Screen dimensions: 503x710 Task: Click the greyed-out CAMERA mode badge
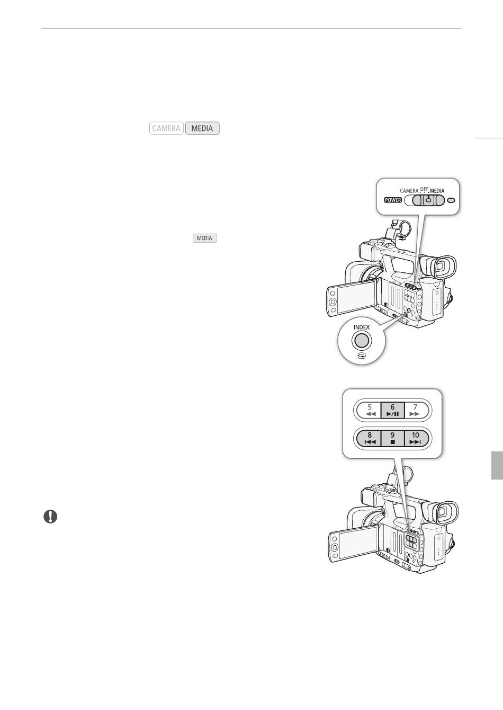(166, 128)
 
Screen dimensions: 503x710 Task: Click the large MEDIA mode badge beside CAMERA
(202, 128)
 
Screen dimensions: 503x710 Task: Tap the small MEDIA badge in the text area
(204, 238)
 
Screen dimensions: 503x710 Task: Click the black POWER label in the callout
(393, 200)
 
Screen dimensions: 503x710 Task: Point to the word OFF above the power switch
(424, 189)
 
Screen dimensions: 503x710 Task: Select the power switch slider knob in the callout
(428, 200)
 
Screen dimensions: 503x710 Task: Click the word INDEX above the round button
(362, 327)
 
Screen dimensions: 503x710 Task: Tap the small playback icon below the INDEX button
(362, 356)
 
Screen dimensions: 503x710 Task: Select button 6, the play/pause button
(392, 410)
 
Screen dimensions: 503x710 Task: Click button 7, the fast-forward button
(415, 410)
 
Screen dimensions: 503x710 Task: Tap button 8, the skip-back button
(370, 438)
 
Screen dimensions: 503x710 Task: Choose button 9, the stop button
(392, 438)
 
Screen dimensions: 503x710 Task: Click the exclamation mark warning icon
(50, 517)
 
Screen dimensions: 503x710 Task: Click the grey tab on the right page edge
(497, 465)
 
